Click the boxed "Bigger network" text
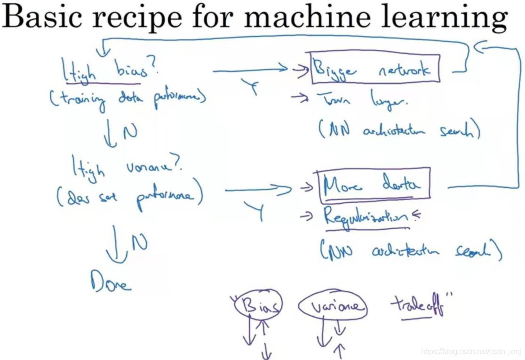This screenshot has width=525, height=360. click(375, 70)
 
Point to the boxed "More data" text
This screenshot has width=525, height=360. click(374, 185)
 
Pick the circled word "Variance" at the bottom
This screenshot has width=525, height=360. click(333, 307)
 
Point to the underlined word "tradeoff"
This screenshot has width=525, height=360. click(417, 307)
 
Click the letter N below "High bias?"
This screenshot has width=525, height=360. click(130, 132)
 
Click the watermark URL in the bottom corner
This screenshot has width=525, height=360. click(471, 352)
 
